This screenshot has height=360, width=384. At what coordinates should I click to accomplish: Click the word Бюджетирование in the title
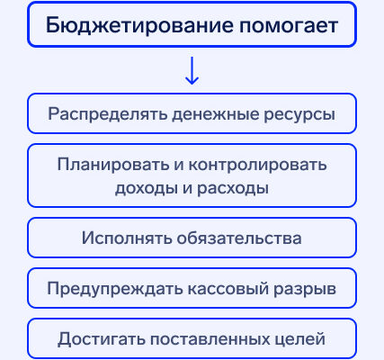point(139,26)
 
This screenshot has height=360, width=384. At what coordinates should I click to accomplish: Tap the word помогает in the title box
point(289,26)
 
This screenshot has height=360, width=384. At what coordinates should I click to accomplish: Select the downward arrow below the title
point(192,70)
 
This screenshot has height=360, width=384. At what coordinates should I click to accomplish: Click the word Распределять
point(108,114)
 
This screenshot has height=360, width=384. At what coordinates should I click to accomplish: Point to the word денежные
point(216,115)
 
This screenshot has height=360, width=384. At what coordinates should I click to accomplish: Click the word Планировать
point(113,165)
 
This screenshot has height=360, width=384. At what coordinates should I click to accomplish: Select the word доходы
point(147,189)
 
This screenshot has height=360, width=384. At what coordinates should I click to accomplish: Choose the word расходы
point(233,189)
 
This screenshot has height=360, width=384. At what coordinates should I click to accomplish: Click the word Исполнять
point(127,238)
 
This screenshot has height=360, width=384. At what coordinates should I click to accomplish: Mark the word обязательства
point(239,238)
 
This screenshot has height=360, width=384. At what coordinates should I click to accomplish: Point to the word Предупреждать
point(115,289)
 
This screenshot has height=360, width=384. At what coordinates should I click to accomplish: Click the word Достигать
point(102,339)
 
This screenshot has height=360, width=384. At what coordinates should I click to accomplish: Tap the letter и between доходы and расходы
point(187,189)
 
